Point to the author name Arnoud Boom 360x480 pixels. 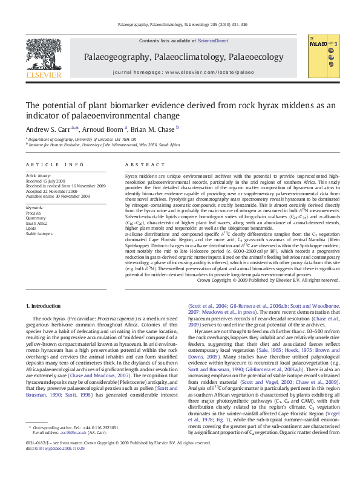click(x=104, y=129)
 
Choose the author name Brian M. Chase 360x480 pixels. click(x=152, y=129)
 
